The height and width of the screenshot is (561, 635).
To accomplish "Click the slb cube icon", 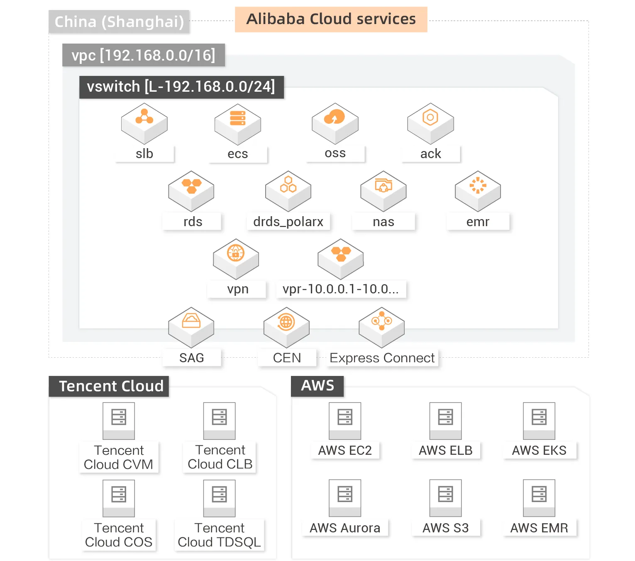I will pyautogui.click(x=144, y=123).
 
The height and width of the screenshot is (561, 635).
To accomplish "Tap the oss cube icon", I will pyautogui.click(x=335, y=123).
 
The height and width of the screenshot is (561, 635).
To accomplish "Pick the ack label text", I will pyautogui.click(x=430, y=154).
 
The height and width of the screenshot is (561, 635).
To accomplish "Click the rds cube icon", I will pyautogui.click(x=191, y=190).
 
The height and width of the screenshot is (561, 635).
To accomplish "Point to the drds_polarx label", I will pyautogui.click(x=288, y=222).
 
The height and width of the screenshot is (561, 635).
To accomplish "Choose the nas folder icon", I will pyautogui.click(x=383, y=185).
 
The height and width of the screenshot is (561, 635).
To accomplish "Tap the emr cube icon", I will pyautogui.click(x=478, y=190).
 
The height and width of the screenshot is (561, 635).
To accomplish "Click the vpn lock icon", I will pyautogui.click(x=236, y=253).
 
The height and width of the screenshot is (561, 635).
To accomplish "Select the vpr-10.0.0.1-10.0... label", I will pyautogui.click(x=340, y=289).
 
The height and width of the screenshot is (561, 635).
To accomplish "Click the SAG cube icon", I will pyautogui.click(x=191, y=327).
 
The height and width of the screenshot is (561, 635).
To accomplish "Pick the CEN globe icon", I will pyautogui.click(x=286, y=322).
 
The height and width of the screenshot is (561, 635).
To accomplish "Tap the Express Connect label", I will pyautogui.click(x=382, y=358).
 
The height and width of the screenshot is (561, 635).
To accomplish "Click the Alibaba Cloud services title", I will pyautogui.click(x=331, y=20).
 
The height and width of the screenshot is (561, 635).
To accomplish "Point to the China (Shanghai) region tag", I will pyautogui.click(x=119, y=22).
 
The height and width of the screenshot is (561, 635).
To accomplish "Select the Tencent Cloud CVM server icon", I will pyautogui.click(x=119, y=420).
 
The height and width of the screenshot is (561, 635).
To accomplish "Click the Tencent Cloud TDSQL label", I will pyautogui.click(x=219, y=535).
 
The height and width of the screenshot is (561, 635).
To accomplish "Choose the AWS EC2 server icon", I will pyautogui.click(x=345, y=420).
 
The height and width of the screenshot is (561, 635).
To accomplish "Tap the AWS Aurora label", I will pyautogui.click(x=345, y=528).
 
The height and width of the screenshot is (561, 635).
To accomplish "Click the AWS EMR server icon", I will pyautogui.click(x=539, y=498).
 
